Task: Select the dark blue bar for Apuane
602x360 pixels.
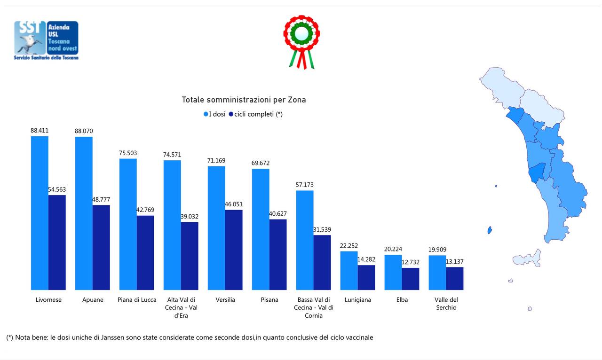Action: coord(101,247)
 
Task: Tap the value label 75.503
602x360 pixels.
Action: coord(127,153)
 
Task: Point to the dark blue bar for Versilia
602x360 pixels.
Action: coord(234,250)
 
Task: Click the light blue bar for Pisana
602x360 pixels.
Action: coord(261,229)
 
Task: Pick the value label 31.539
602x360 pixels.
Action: coord(322,229)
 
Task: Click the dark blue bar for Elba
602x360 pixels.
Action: coord(411,279)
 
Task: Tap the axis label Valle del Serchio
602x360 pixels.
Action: coord(446,304)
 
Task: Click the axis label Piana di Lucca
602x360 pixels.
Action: coord(137,300)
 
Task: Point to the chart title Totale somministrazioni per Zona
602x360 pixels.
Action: coord(244,100)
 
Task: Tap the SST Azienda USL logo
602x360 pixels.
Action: coord(46,40)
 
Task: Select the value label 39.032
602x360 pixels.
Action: coord(190,216)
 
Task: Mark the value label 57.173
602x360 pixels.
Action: coord(304,185)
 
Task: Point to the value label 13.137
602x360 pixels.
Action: coord(455,261)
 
